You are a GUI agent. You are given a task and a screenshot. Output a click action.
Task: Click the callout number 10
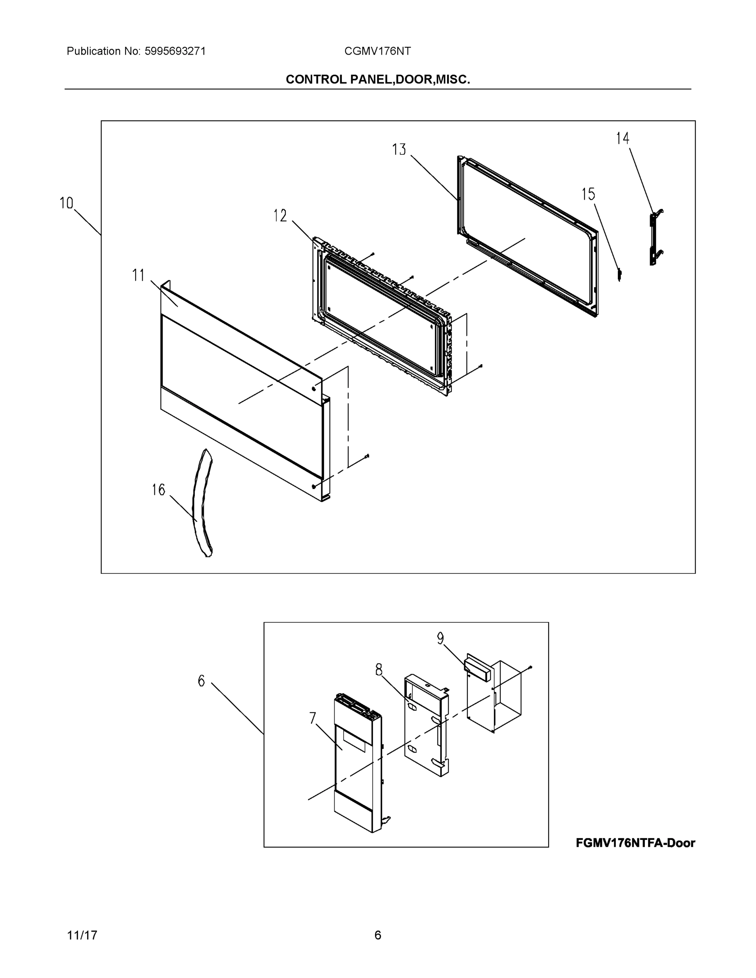[x=66, y=203]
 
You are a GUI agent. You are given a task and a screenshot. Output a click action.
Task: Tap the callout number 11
[x=139, y=275]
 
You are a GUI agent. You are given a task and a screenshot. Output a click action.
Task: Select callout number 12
[x=280, y=216]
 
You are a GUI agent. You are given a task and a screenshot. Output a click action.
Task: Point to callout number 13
[x=399, y=150]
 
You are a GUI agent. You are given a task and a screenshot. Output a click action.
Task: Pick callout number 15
[x=588, y=194]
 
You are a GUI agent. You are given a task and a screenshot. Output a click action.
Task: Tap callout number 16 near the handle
[x=158, y=490]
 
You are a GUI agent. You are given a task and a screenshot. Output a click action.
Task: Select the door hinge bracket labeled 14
[x=655, y=237]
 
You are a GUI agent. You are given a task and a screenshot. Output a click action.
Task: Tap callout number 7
[x=313, y=718]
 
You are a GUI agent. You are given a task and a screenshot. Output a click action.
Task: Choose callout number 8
[x=379, y=670]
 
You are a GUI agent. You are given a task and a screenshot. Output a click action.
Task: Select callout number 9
[x=440, y=638]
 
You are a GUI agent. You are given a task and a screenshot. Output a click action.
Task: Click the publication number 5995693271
[x=175, y=51]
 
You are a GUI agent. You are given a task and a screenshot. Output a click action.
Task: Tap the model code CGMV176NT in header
[x=377, y=51]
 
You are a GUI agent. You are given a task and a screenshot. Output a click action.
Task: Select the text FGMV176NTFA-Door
[x=635, y=843]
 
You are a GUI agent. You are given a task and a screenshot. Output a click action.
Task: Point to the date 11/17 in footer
[x=82, y=935]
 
